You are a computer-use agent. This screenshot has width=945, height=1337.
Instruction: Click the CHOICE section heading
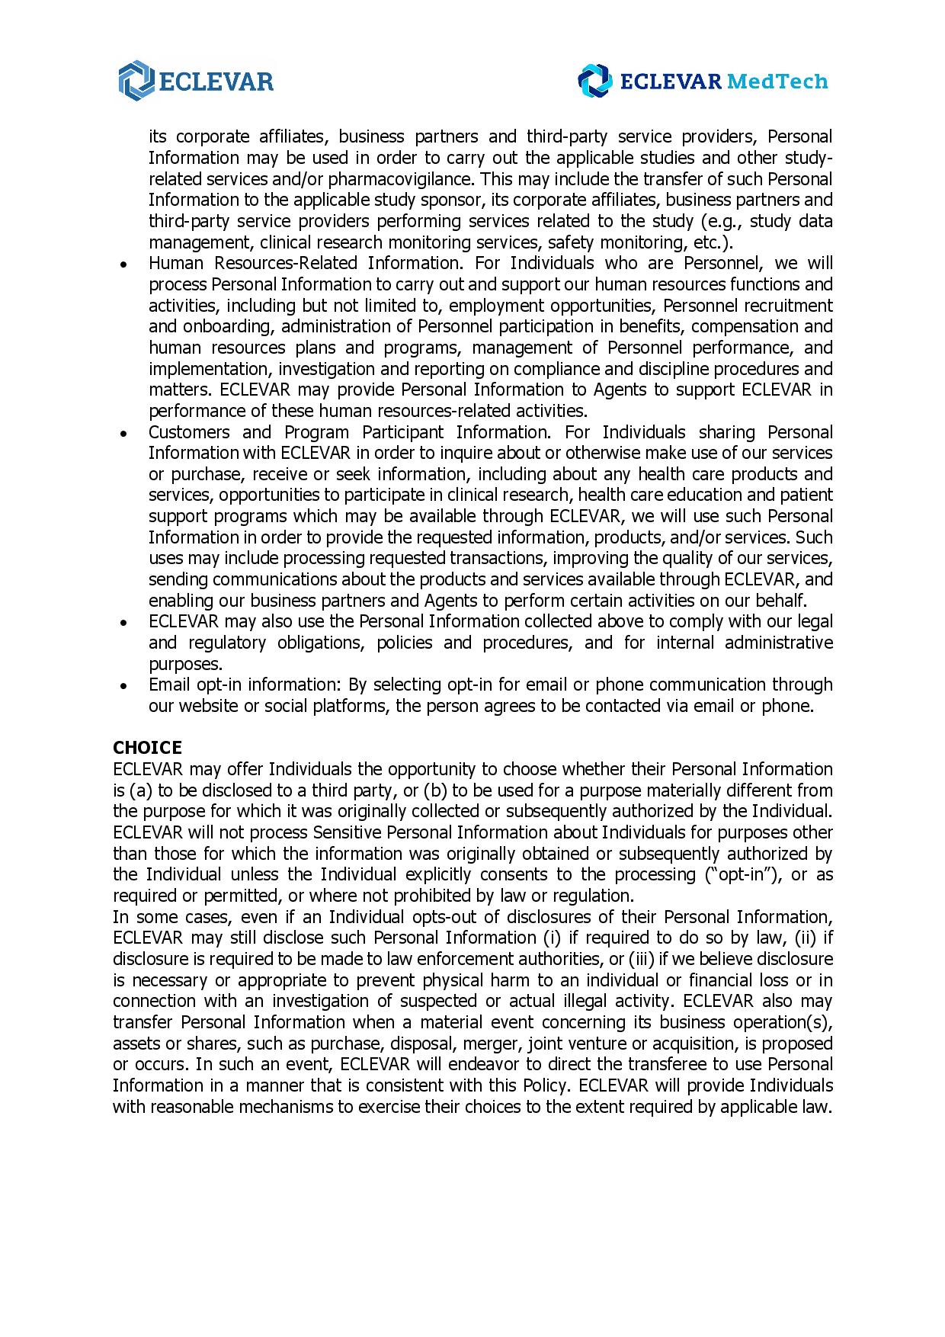pyautogui.click(x=147, y=748)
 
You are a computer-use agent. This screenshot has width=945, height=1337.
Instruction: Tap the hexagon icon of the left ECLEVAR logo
pyautogui.click(x=136, y=80)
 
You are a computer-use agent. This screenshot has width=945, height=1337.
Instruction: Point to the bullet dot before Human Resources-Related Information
pyautogui.click(x=123, y=265)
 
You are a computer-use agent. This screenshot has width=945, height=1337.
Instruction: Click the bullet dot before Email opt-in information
pyautogui.click(x=123, y=685)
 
